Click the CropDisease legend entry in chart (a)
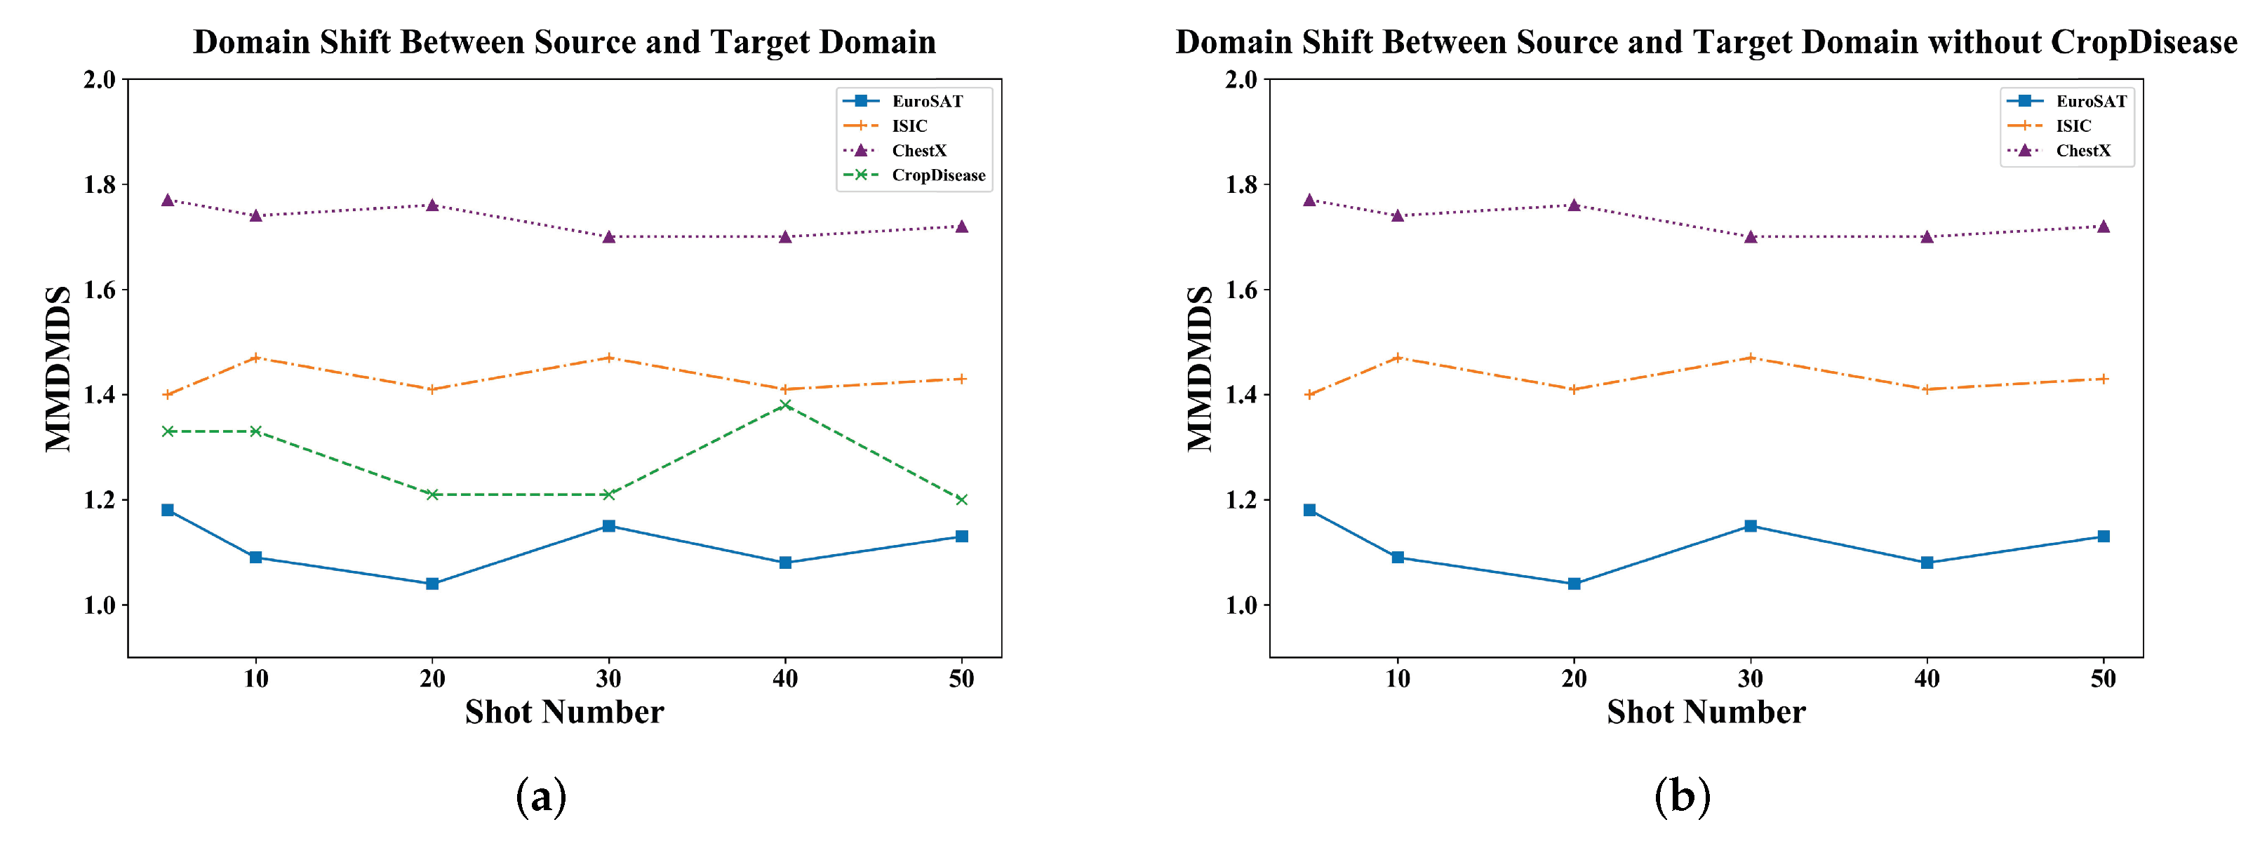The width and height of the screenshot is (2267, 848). (937, 175)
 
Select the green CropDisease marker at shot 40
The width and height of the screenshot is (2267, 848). (785, 405)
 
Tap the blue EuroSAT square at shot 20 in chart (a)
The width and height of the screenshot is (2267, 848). (432, 584)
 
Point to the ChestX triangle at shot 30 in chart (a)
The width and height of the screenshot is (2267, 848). (608, 236)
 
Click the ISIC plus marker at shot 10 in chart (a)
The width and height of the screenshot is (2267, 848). (255, 358)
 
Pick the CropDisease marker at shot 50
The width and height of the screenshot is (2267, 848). (962, 499)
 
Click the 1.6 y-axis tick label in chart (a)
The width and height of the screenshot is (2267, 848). (100, 290)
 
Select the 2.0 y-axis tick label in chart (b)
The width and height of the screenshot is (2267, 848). (1241, 80)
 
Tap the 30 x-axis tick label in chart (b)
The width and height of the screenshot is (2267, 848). (1751, 679)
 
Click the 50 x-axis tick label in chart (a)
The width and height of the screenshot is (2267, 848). (962, 679)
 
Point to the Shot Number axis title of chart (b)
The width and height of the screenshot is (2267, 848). (1706, 712)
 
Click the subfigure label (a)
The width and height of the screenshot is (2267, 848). (540, 796)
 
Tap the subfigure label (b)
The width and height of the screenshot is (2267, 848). (1682, 796)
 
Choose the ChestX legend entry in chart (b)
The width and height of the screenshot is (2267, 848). (2082, 150)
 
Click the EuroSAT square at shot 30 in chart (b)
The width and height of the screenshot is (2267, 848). (1751, 526)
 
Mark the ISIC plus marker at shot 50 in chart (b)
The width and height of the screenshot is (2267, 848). (2104, 379)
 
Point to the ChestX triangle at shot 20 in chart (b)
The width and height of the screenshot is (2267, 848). (1574, 205)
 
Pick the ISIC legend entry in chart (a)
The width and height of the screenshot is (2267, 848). (909, 126)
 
